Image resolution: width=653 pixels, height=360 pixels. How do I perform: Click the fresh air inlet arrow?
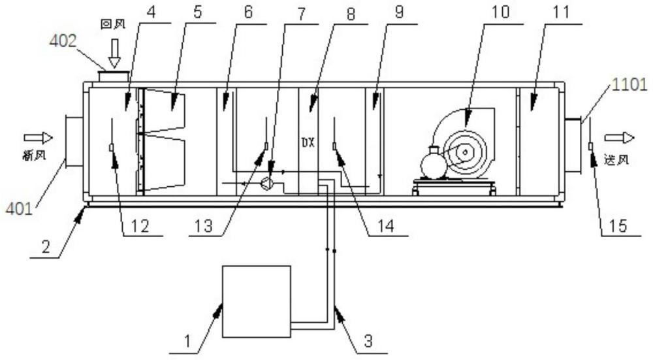36,138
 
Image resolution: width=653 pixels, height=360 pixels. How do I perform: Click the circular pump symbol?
266,184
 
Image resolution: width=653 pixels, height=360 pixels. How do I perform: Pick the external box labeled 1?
257,301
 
